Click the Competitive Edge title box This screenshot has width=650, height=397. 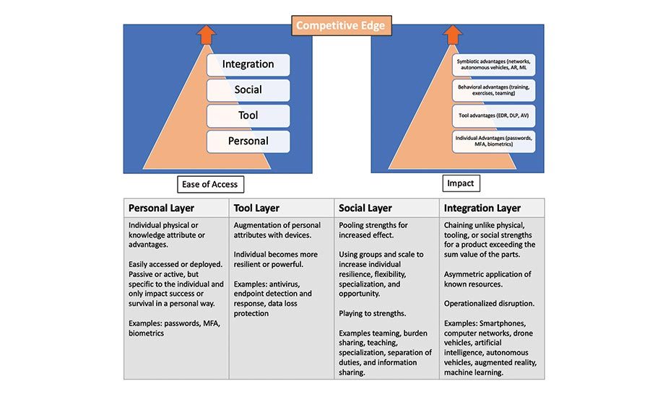pyautogui.click(x=342, y=26)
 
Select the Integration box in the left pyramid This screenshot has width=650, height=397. pyautogui.click(x=248, y=64)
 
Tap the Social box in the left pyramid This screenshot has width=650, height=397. pyautogui.click(x=248, y=90)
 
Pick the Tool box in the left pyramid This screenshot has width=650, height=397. pyautogui.click(x=248, y=115)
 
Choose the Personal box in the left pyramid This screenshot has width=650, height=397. pyautogui.click(x=248, y=141)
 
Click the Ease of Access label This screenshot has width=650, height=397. pyautogui.click(x=210, y=184)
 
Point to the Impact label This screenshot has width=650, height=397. pyautogui.click(x=461, y=183)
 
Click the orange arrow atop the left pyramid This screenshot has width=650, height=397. pyautogui.click(x=207, y=34)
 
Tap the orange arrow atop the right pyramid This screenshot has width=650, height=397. pyautogui.click(x=452, y=34)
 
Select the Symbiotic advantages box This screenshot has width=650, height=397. pyautogui.click(x=494, y=65)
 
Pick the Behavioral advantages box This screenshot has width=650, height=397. pyautogui.click(x=494, y=90)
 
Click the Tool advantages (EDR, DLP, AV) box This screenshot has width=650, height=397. pyautogui.click(x=494, y=115)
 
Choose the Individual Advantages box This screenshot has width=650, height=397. pyautogui.click(x=494, y=141)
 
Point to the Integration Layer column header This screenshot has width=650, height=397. pyautogui.click(x=482, y=208)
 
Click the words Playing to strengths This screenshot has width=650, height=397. pyautogui.click(x=373, y=314)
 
